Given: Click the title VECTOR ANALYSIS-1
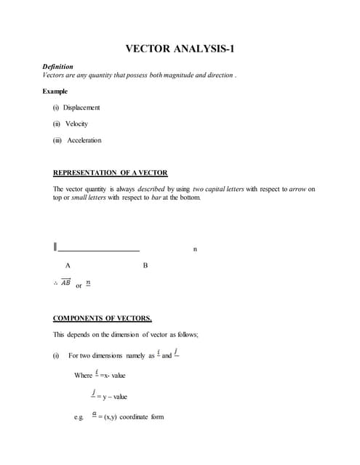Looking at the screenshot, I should click(x=180, y=49).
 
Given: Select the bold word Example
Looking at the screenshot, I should click(x=55, y=92).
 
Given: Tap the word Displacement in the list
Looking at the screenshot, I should click(x=81, y=108).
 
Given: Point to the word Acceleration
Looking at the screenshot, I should click(x=84, y=140).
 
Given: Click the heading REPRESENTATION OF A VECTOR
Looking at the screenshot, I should click(x=111, y=173).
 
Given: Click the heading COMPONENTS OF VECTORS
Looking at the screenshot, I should click(x=103, y=318).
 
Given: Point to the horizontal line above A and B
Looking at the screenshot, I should click(x=98, y=250).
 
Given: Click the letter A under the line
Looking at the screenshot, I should click(x=68, y=265).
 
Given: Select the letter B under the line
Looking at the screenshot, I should click(x=145, y=265).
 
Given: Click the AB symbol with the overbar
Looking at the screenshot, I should click(x=65, y=283).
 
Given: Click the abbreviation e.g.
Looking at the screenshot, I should click(x=79, y=418).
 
